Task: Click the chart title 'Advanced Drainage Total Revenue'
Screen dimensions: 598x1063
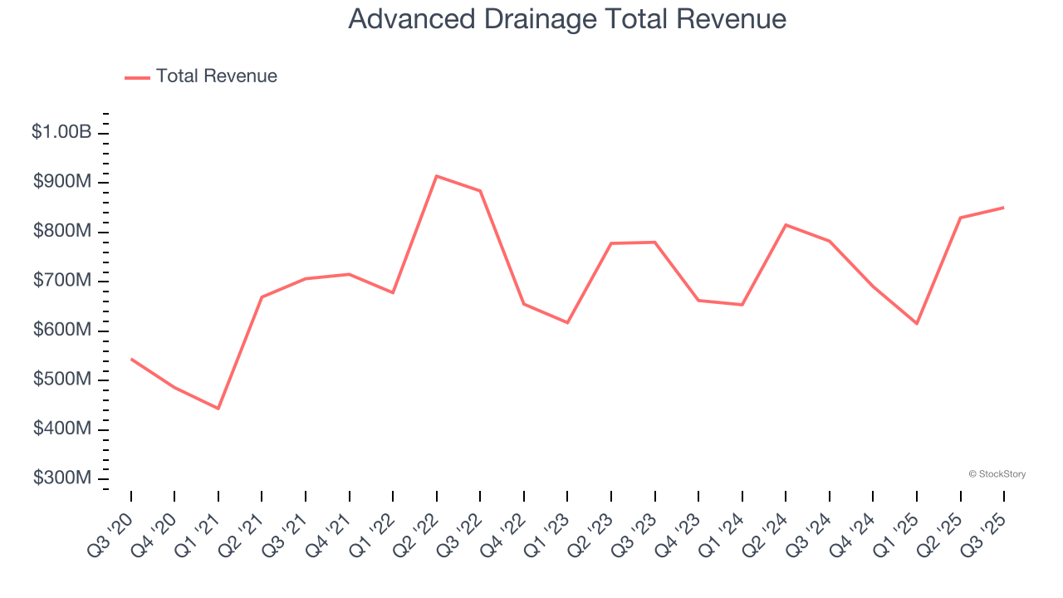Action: [x=567, y=18]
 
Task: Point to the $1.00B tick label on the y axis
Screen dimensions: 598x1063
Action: [x=61, y=132]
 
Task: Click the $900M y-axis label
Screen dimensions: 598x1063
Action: [x=61, y=182]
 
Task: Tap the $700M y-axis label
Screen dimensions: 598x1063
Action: [x=61, y=281]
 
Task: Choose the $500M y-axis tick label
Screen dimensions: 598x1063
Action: [x=61, y=380]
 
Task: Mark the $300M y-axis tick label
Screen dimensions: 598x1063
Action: [x=61, y=478]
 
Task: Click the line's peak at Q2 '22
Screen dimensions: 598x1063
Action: [x=437, y=176]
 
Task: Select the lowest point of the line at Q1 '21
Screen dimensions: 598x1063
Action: [x=218, y=409]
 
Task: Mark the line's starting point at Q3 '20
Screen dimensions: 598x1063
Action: [x=131, y=359]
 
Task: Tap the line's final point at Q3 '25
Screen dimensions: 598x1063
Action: [x=1004, y=208]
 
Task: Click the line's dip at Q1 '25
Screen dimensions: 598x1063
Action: [x=917, y=323]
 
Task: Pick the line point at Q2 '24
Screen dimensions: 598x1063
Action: [x=786, y=225]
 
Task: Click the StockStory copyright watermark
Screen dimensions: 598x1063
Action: [x=997, y=474]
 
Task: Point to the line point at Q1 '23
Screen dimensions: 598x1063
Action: [x=567, y=322]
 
